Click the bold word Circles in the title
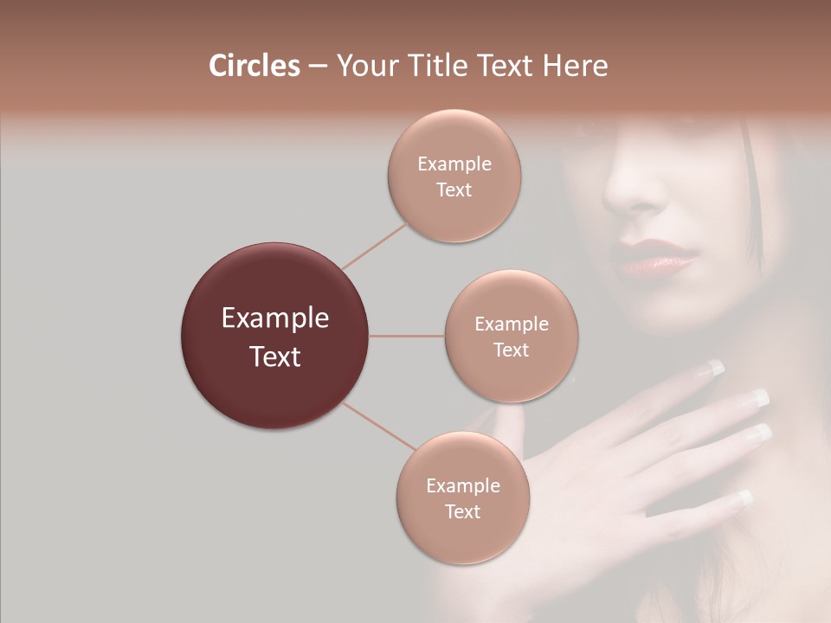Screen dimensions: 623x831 [254, 66]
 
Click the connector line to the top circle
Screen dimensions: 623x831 [375, 245]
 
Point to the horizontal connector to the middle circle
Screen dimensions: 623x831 [407, 336]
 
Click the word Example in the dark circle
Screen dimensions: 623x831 [274, 318]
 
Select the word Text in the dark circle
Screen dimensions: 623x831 [274, 356]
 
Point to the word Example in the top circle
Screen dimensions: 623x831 [454, 164]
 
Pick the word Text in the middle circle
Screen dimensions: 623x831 [511, 350]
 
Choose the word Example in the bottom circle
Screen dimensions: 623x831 [462, 486]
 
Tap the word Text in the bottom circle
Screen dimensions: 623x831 [462, 511]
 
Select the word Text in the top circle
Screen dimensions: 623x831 [454, 189]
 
